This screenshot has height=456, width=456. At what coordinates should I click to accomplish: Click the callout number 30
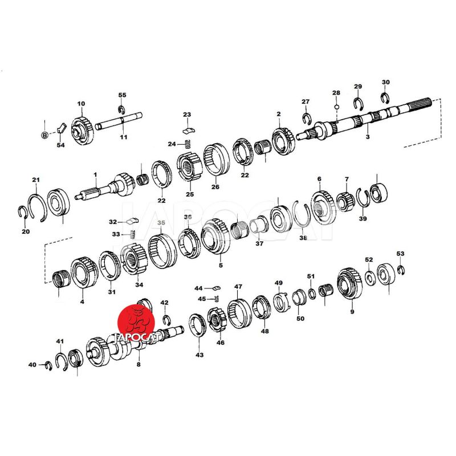tap(386, 83)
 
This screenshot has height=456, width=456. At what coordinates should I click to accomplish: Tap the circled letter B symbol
tap(44, 135)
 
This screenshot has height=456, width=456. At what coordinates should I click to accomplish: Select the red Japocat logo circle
tap(136, 323)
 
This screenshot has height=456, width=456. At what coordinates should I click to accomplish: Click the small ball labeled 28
tap(337, 107)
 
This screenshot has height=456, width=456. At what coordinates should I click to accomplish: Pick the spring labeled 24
tap(188, 144)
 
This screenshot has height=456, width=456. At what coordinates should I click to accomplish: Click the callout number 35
tap(161, 223)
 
